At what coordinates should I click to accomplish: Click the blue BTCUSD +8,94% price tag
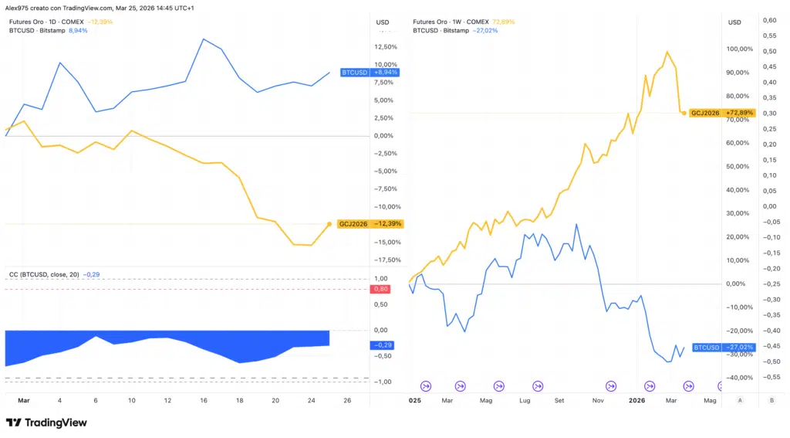(x=369, y=72)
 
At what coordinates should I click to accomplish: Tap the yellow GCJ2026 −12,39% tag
(x=370, y=224)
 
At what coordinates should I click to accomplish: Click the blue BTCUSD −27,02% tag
(x=722, y=348)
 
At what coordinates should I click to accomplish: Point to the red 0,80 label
(x=380, y=289)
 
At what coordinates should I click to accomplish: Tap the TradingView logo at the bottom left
(x=46, y=423)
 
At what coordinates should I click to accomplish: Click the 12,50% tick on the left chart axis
(x=386, y=46)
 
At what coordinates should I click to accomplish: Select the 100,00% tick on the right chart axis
(x=740, y=49)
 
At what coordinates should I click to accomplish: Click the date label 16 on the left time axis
(x=204, y=401)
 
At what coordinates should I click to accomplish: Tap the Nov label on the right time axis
(x=598, y=401)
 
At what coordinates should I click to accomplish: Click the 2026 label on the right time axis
(x=637, y=401)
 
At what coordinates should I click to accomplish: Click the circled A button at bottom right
(x=740, y=400)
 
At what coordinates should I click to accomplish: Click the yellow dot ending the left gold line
(x=329, y=224)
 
